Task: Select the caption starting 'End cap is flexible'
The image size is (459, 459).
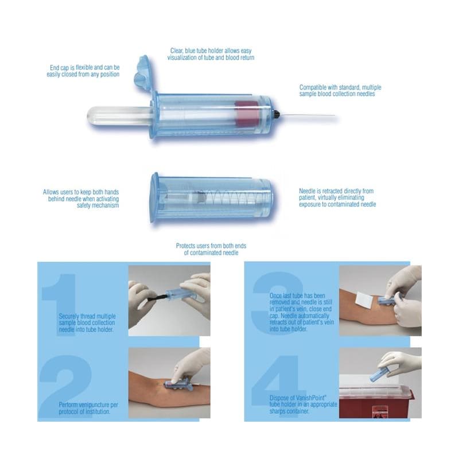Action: tap(83, 71)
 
